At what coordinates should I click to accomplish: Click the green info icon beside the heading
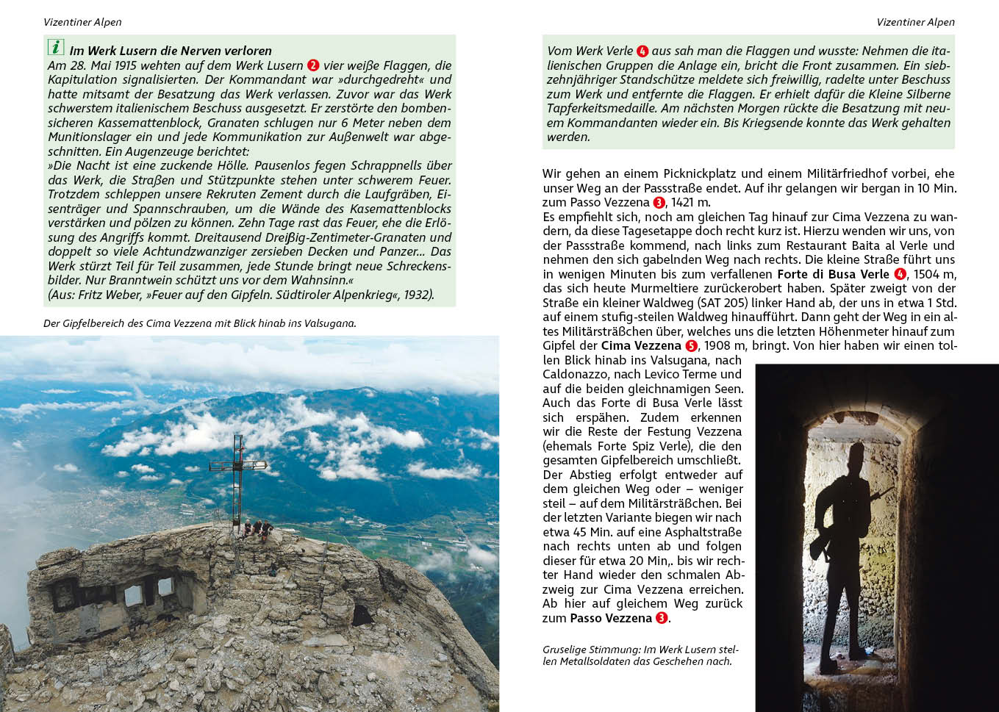(x=56, y=48)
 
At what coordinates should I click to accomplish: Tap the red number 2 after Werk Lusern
(x=313, y=65)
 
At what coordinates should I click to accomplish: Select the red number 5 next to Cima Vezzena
(x=691, y=346)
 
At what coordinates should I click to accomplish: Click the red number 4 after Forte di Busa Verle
(x=900, y=274)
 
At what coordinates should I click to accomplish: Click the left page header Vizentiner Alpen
(x=82, y=22)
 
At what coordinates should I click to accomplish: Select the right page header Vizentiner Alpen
(x=915, y=22)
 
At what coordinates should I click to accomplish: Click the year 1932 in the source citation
(x=418, y=295)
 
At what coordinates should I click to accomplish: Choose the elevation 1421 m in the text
(x=690, y=202)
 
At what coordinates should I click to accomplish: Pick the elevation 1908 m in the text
(x=723, y=346)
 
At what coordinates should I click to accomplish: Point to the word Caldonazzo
(x=576, y=374)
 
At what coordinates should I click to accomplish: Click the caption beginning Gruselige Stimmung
(x=640, y=655)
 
